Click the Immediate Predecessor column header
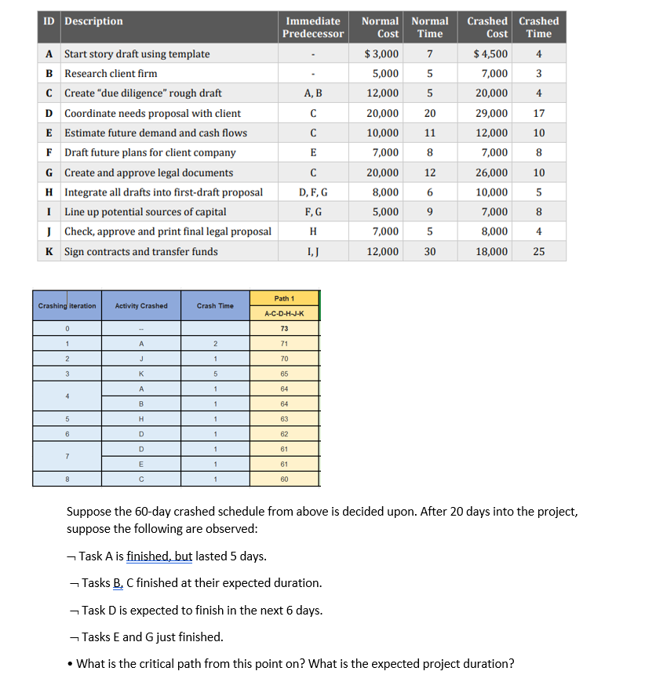[x=314, y=27]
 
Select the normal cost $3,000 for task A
[x=381, y=54]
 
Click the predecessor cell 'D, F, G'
[x=314, y=192]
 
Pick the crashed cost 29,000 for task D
[x=492, y=113]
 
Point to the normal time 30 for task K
[x=429, y=252]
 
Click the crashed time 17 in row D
[x=538, y=113]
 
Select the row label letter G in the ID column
[x=49, y=173]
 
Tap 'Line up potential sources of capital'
[x=145, y=212]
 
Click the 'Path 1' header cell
[x=285, y=298]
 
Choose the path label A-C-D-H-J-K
[x=285, y=314]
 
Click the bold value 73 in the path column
[x=285, y=328]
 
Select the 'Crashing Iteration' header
[x=67, y=305]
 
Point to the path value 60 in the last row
[x=285, y=479]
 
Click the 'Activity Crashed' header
[x=141, y=305]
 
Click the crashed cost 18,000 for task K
[x=492, y=252]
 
